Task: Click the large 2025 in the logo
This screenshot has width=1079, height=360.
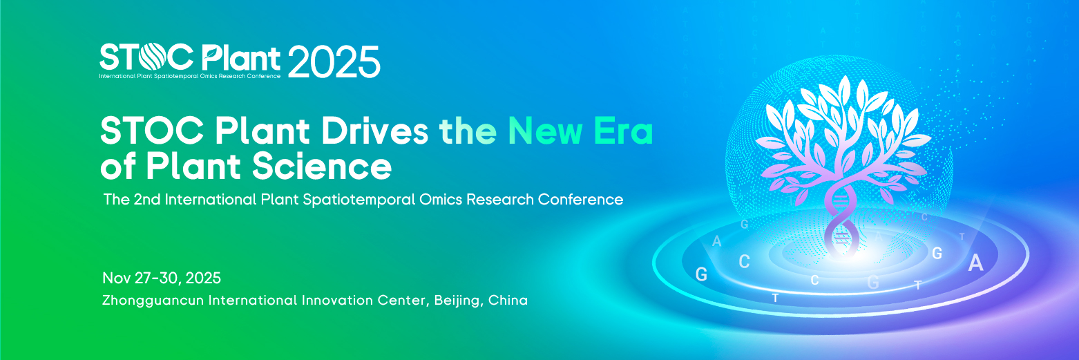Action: (334, 61)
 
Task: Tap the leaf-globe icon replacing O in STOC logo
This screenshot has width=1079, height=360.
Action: (151, 57)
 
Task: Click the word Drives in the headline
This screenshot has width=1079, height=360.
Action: (375, 131)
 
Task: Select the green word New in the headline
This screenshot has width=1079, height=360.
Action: (545, 131)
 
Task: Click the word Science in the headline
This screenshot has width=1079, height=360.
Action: (322, 167)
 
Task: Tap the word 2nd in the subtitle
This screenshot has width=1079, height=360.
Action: (146, 199)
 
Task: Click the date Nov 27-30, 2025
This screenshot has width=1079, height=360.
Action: (162, 278)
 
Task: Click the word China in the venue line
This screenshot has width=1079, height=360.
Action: (508, 301)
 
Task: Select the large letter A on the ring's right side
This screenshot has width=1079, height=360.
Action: (975, 263)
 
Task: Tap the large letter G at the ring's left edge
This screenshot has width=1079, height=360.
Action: (701, 274)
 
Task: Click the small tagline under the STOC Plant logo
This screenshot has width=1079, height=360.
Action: (190, 76)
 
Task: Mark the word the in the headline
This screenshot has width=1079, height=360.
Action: (468, 131)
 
